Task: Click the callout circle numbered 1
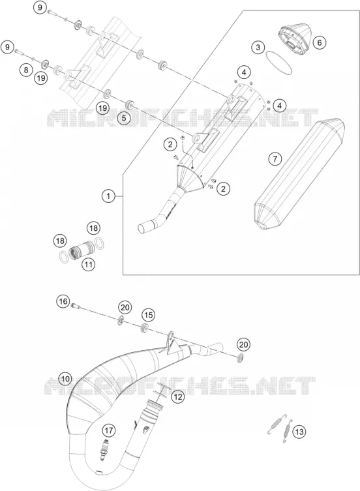pyautogui.click(x=108, y=196)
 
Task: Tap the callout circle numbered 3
pyautogui.click(x=258, y=48)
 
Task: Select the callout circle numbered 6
pyautogui.click(x=320, y=42)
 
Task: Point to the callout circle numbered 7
pyautogui.click(x=275, y=159)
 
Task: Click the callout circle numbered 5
pyautogui.click(x=124, y=119)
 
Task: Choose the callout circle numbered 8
pyautogui.click(x=26, y=70)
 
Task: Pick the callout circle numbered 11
pyautogui.click(x=89, y=265)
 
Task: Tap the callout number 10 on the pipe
pyautogui.click(x=65, y=379)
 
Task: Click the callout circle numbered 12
pyautogui.click(x=178, y=397)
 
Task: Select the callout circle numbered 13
pyautogui.click(x=299, y=432)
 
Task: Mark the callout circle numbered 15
pyautogui.click(x=149, y=315)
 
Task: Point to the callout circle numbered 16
pyautogui.click(x=63, y=301)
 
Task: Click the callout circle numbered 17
pyautogui.click(x=108, y=430)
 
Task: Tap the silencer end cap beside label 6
pyautogui.click(x=293, y=37)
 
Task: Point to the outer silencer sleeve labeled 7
pyautogui.click(x=299, y=174)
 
